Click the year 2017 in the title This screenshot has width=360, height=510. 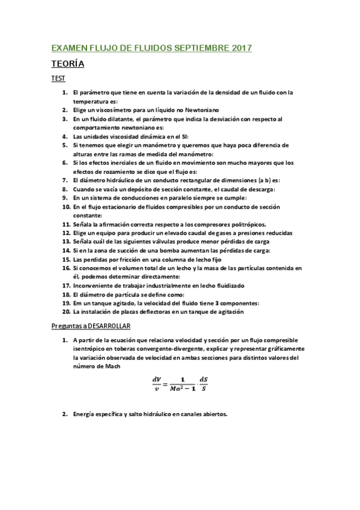(240, 47)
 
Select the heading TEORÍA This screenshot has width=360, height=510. (67, 64)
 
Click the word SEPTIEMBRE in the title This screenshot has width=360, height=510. (200, 47)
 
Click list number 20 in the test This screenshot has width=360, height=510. (66, 312)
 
